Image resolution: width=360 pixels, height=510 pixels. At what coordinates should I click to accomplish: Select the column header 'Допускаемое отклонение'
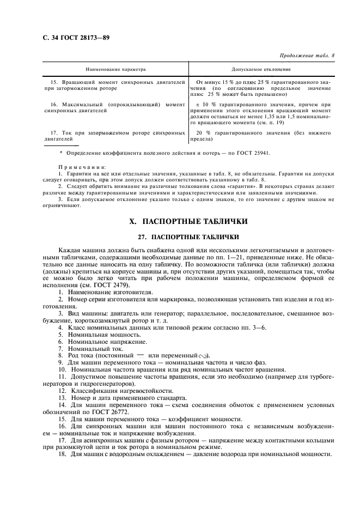261,70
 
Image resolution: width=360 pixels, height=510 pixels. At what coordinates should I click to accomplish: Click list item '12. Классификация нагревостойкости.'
115,391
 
